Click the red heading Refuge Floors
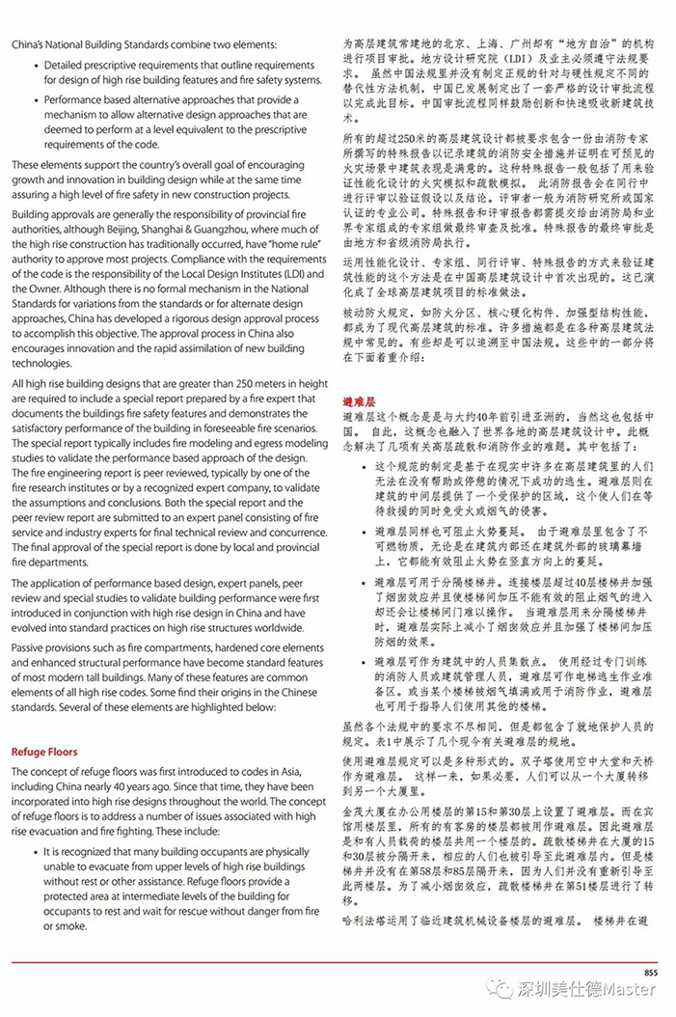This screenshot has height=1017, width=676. click(45, 750)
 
